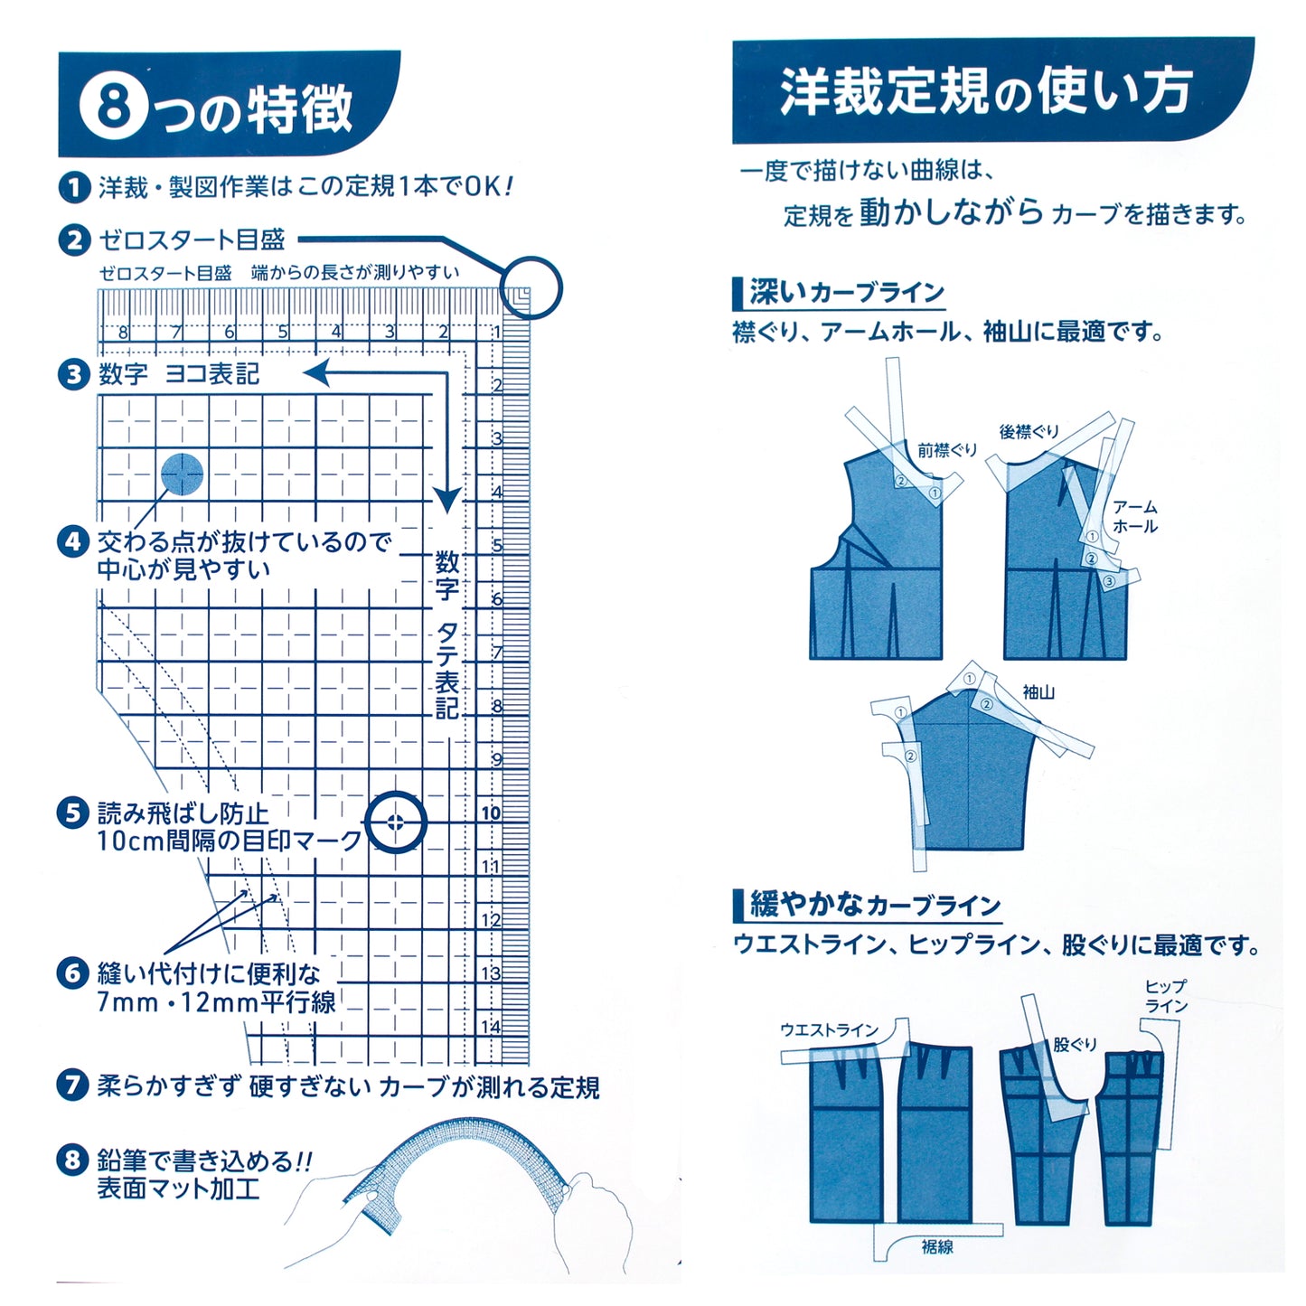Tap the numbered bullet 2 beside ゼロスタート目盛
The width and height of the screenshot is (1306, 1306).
click(74, 240)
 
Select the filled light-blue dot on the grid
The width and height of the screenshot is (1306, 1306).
click(182, 474)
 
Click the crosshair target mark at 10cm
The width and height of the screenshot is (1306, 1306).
click(395, 822)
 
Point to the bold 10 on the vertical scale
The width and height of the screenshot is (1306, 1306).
click(491, 813)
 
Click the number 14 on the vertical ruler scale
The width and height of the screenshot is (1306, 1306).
click(491, 1027)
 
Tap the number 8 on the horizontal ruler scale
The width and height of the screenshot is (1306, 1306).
click(123, 333)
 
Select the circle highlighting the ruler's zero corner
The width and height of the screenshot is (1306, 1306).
click(531, 287)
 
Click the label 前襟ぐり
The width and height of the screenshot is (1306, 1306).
click(946, 450)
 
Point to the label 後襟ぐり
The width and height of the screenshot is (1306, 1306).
click(1029, 432)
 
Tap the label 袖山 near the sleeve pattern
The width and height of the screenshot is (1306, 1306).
click(1038, 692)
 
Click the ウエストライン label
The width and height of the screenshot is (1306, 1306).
click(829, 1030)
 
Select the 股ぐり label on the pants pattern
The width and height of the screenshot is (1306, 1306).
click(1075, 1045)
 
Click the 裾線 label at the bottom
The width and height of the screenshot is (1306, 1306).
click(937, 1247)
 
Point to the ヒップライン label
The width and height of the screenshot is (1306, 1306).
click(1166, 997)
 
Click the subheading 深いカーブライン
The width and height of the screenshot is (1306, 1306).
click(846, 293)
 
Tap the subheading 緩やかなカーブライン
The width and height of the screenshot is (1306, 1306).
click(874, 905)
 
